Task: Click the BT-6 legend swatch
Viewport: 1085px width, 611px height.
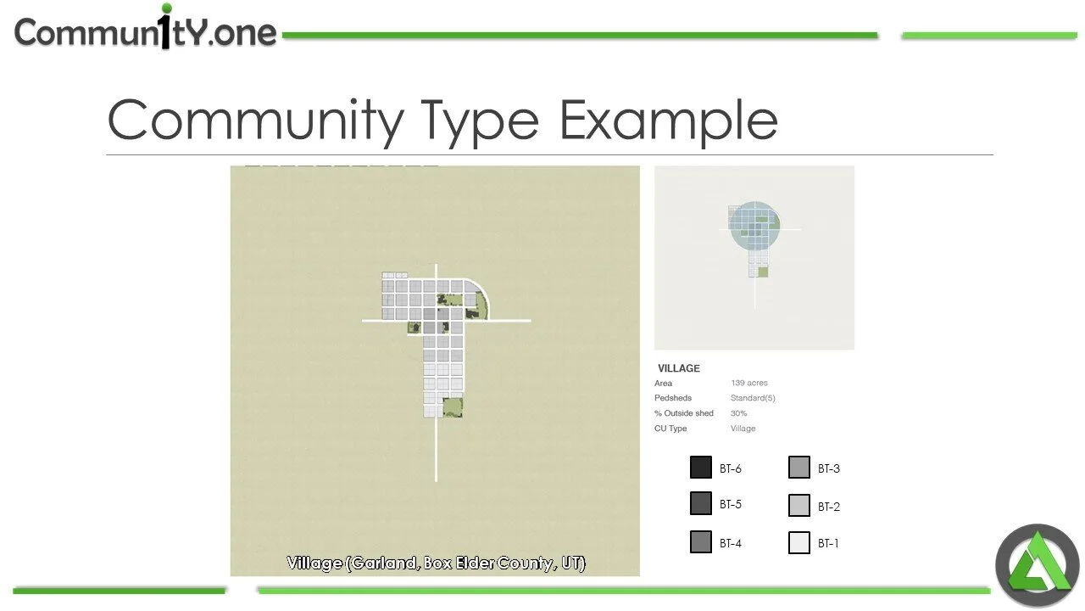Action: pyautogui.click(x=701, y=468)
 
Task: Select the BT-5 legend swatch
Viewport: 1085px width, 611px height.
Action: pyautogui.click(x=701, y=503)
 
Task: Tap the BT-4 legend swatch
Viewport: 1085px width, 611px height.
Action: pyautogui.click(x=701, y=542)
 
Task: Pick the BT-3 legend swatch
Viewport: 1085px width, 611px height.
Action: pyautogui.click(x=799, y=468)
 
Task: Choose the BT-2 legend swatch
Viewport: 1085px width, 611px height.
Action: pyautogui.click(x=799, y=506)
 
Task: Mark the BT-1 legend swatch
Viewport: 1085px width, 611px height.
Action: pyautogui.click(x=799, y=542)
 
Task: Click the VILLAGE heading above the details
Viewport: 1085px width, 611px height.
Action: pyautogui.click(x=679, y=368)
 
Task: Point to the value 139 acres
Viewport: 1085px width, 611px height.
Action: pyautogui.click(x=749, y=384)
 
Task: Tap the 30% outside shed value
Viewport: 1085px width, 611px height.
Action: pyautogui.click(x=738, y=413)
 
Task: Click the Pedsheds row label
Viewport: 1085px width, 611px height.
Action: pyautogui.click(x=673, y=398)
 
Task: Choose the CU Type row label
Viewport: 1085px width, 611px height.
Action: pyautogui.click(x=670, y=429)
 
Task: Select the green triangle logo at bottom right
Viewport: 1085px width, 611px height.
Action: pyautogui.click(x=1037, y=565)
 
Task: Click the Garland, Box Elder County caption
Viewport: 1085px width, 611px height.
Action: pyautogui.click(x=436, y=563)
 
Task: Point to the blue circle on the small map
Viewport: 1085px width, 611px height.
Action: pyautogui.click(x=754, y=225)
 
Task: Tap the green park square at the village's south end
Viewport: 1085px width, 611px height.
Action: pyautogui.click(x=453, y=407)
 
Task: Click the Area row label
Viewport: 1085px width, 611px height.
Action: pyautogui.click(x=664, y=384)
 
